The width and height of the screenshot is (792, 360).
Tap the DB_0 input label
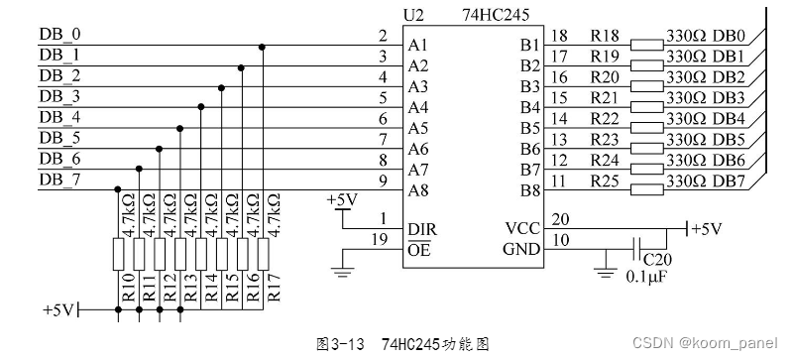(59, 35)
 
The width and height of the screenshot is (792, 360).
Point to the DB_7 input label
(59, 180)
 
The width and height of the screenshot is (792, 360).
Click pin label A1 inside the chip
(417, 46)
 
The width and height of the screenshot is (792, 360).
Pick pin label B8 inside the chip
(530, 190)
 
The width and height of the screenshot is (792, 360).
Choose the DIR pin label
(421, 228)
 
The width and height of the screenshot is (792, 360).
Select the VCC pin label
(521, 228)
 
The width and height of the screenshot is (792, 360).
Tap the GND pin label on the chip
(521, 249)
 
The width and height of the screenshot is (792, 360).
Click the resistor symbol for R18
(646, 45)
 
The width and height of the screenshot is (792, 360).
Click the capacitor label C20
(642, 256)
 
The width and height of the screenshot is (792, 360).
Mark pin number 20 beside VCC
(560, 219)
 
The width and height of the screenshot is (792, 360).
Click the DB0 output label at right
(727, 37)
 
